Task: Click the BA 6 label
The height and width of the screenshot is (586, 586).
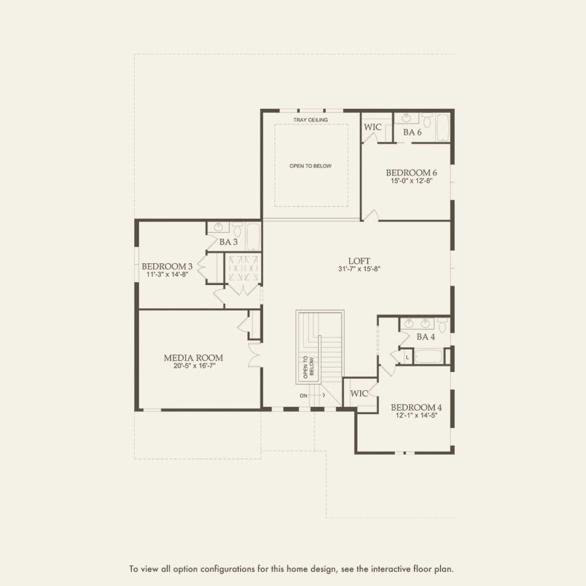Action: pyautogui.click(x=412, y=132)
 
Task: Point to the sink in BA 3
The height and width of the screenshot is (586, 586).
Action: pyautogui.click(x=218, y=228)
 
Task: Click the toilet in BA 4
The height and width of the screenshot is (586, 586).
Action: pyautogui.click(x=441, y=326)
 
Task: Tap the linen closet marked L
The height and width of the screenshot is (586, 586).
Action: pyautogui.click(x=407, y=357)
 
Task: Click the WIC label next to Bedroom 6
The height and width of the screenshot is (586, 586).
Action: pyautogui.click(x=372, y=128)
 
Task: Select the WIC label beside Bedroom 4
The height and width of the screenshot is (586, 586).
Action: pyautogui.click(x=359, y=394)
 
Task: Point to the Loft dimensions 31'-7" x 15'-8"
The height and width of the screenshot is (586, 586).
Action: pyautogui.click(x=358, y=268)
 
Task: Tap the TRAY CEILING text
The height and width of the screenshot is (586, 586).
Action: pyautogui.click(x=311, y=120)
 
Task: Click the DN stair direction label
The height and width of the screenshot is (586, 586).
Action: pyautogui.click(x=303, y=396)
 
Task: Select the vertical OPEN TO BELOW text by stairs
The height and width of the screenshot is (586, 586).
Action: pyautogui.click(x=307, y=367)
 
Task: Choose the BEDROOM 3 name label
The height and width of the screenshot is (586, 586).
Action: pyautogui.click(x=167, y=266)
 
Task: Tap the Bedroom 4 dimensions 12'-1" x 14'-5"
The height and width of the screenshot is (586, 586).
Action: pyautogui.click(x=416, y=416)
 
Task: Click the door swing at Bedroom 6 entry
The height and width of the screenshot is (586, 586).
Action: pyautogui.click(x=373, y=215)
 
